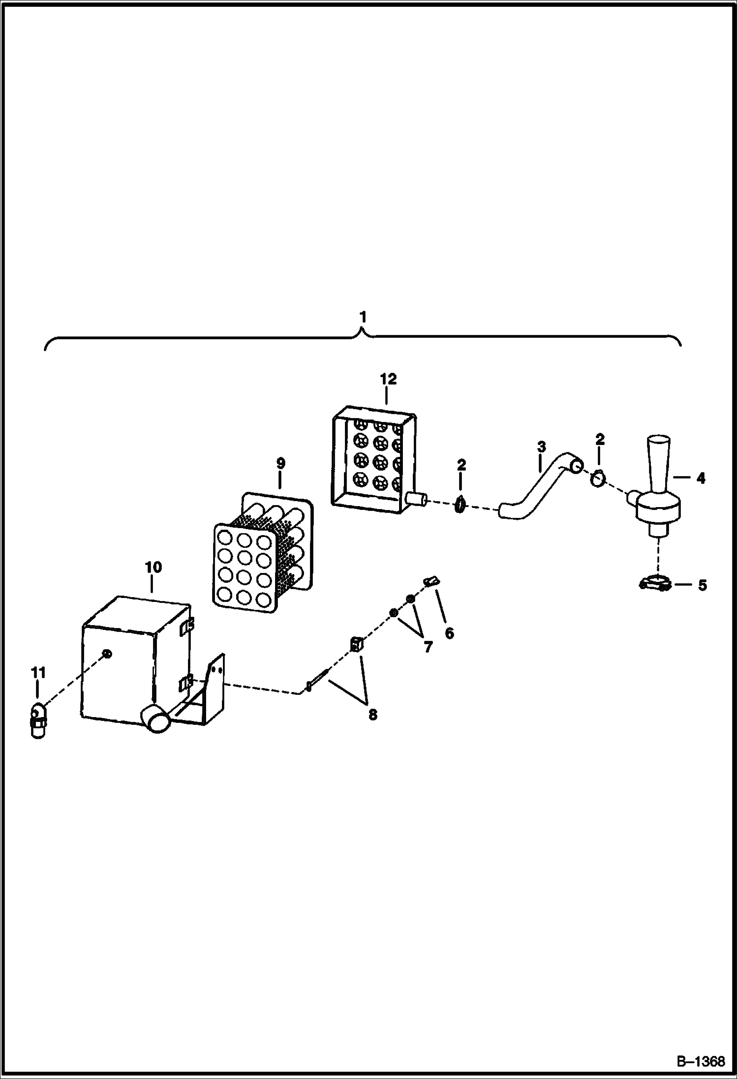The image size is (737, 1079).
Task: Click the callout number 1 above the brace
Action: pos(363,318)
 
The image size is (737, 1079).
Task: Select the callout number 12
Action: pos(388,379)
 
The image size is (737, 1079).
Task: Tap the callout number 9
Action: pos(280,463)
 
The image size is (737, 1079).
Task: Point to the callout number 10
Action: pos(153,567)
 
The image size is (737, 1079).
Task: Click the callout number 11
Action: pos(38,672)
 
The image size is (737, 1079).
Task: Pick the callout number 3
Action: pos(541,447)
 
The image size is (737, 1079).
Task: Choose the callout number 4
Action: pos(701,478)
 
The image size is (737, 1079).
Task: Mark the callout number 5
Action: pos(702,585)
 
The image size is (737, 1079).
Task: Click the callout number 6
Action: pos(449,633)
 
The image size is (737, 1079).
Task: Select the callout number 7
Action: pos(428,647)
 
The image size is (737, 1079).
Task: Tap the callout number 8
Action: pos(372,714)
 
